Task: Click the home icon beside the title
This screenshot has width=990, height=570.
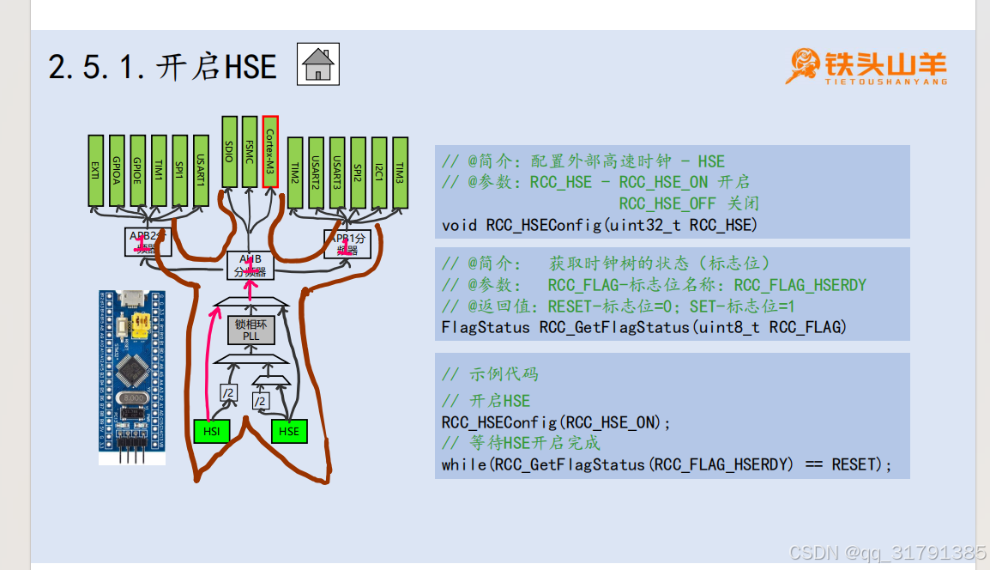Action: pos(318,65)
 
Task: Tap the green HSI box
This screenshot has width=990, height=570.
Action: pos(211,431)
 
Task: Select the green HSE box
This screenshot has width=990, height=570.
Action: pos(289,431)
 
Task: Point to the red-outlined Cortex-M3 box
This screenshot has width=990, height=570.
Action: pos(270,151)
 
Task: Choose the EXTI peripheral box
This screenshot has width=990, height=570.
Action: pos(95,170)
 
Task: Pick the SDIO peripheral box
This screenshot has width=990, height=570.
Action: pos(229,151)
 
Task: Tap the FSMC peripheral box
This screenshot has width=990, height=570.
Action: pos(250,151)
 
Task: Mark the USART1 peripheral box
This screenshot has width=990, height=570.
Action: pos(201,170)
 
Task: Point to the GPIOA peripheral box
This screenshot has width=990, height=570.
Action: pos(117,170)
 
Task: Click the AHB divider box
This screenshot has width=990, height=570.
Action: pos(250,265)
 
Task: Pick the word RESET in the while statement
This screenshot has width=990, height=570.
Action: pos(855,464)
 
